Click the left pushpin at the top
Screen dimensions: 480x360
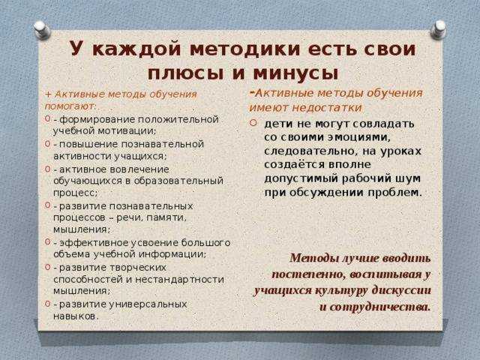coord(42,30)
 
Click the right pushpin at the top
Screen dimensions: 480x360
coord(438,30)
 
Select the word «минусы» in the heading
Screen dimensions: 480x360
coord(296,73)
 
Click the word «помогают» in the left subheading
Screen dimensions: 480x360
coord(70,106)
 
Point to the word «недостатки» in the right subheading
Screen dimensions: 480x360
coord(327,107)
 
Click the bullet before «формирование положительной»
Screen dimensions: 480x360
coord(47,118)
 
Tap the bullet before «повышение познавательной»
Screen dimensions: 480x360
coord(47,143)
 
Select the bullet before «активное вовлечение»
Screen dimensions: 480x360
coord(47,168)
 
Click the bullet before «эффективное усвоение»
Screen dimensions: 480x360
coord(47,241)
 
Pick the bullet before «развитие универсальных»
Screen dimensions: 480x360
coord(47,303)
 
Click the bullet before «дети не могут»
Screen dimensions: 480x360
coord(253,123)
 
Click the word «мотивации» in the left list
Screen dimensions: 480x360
coord(126,131)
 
